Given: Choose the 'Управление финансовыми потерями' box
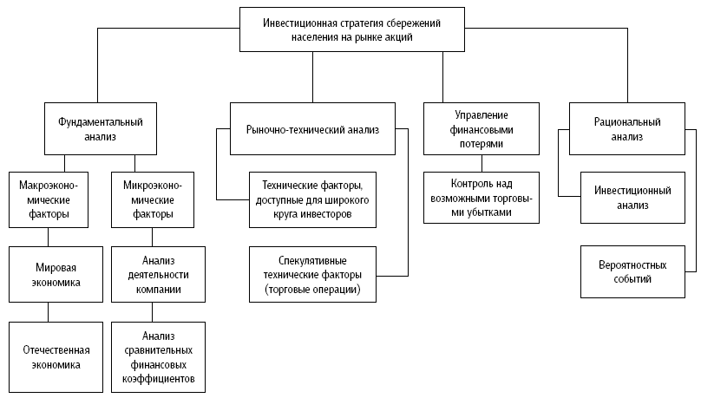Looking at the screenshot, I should click(482, 128).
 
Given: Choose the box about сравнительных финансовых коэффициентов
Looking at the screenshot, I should click(158, 357).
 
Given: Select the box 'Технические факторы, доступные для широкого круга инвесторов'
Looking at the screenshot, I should click(311, 199).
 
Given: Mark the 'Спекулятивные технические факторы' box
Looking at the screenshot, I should click(311, 275).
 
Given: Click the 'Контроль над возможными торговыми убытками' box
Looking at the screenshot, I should click(482, 198).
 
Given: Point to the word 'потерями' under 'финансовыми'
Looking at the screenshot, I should click(482, 144).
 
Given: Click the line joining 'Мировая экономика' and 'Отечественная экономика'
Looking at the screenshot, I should click(48, 308).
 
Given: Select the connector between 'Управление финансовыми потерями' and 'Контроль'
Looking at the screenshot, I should click(482, 163).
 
